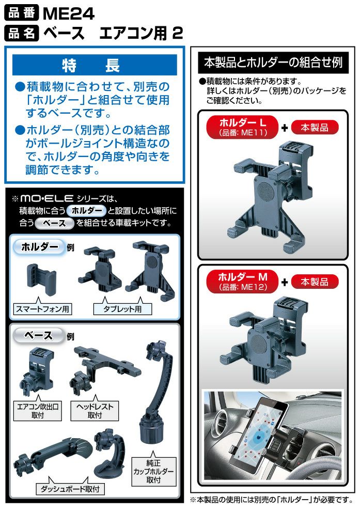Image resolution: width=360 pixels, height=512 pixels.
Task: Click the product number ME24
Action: coord(69,13)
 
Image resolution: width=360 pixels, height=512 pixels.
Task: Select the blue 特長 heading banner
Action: coord(95,65)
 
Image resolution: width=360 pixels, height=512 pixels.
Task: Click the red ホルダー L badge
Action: coord(242,127)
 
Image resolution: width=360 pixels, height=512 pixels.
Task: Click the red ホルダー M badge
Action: coord(242,282)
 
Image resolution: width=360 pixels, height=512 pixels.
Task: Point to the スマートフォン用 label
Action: coord(42,309)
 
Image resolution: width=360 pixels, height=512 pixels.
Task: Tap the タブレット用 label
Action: coord(122,309)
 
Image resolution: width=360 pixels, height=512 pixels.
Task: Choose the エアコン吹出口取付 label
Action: coord(38,411)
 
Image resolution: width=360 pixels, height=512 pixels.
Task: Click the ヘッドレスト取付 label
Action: coord(95,411)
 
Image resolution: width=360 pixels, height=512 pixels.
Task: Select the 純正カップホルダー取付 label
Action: coord(153,471)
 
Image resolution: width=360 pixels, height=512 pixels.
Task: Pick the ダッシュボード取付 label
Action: coord(70,489)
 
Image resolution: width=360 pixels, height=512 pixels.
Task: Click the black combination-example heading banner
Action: coord(273,63)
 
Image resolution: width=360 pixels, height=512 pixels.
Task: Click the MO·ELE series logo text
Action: coord(46,198)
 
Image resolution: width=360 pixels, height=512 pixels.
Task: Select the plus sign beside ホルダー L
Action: coord(284,128)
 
